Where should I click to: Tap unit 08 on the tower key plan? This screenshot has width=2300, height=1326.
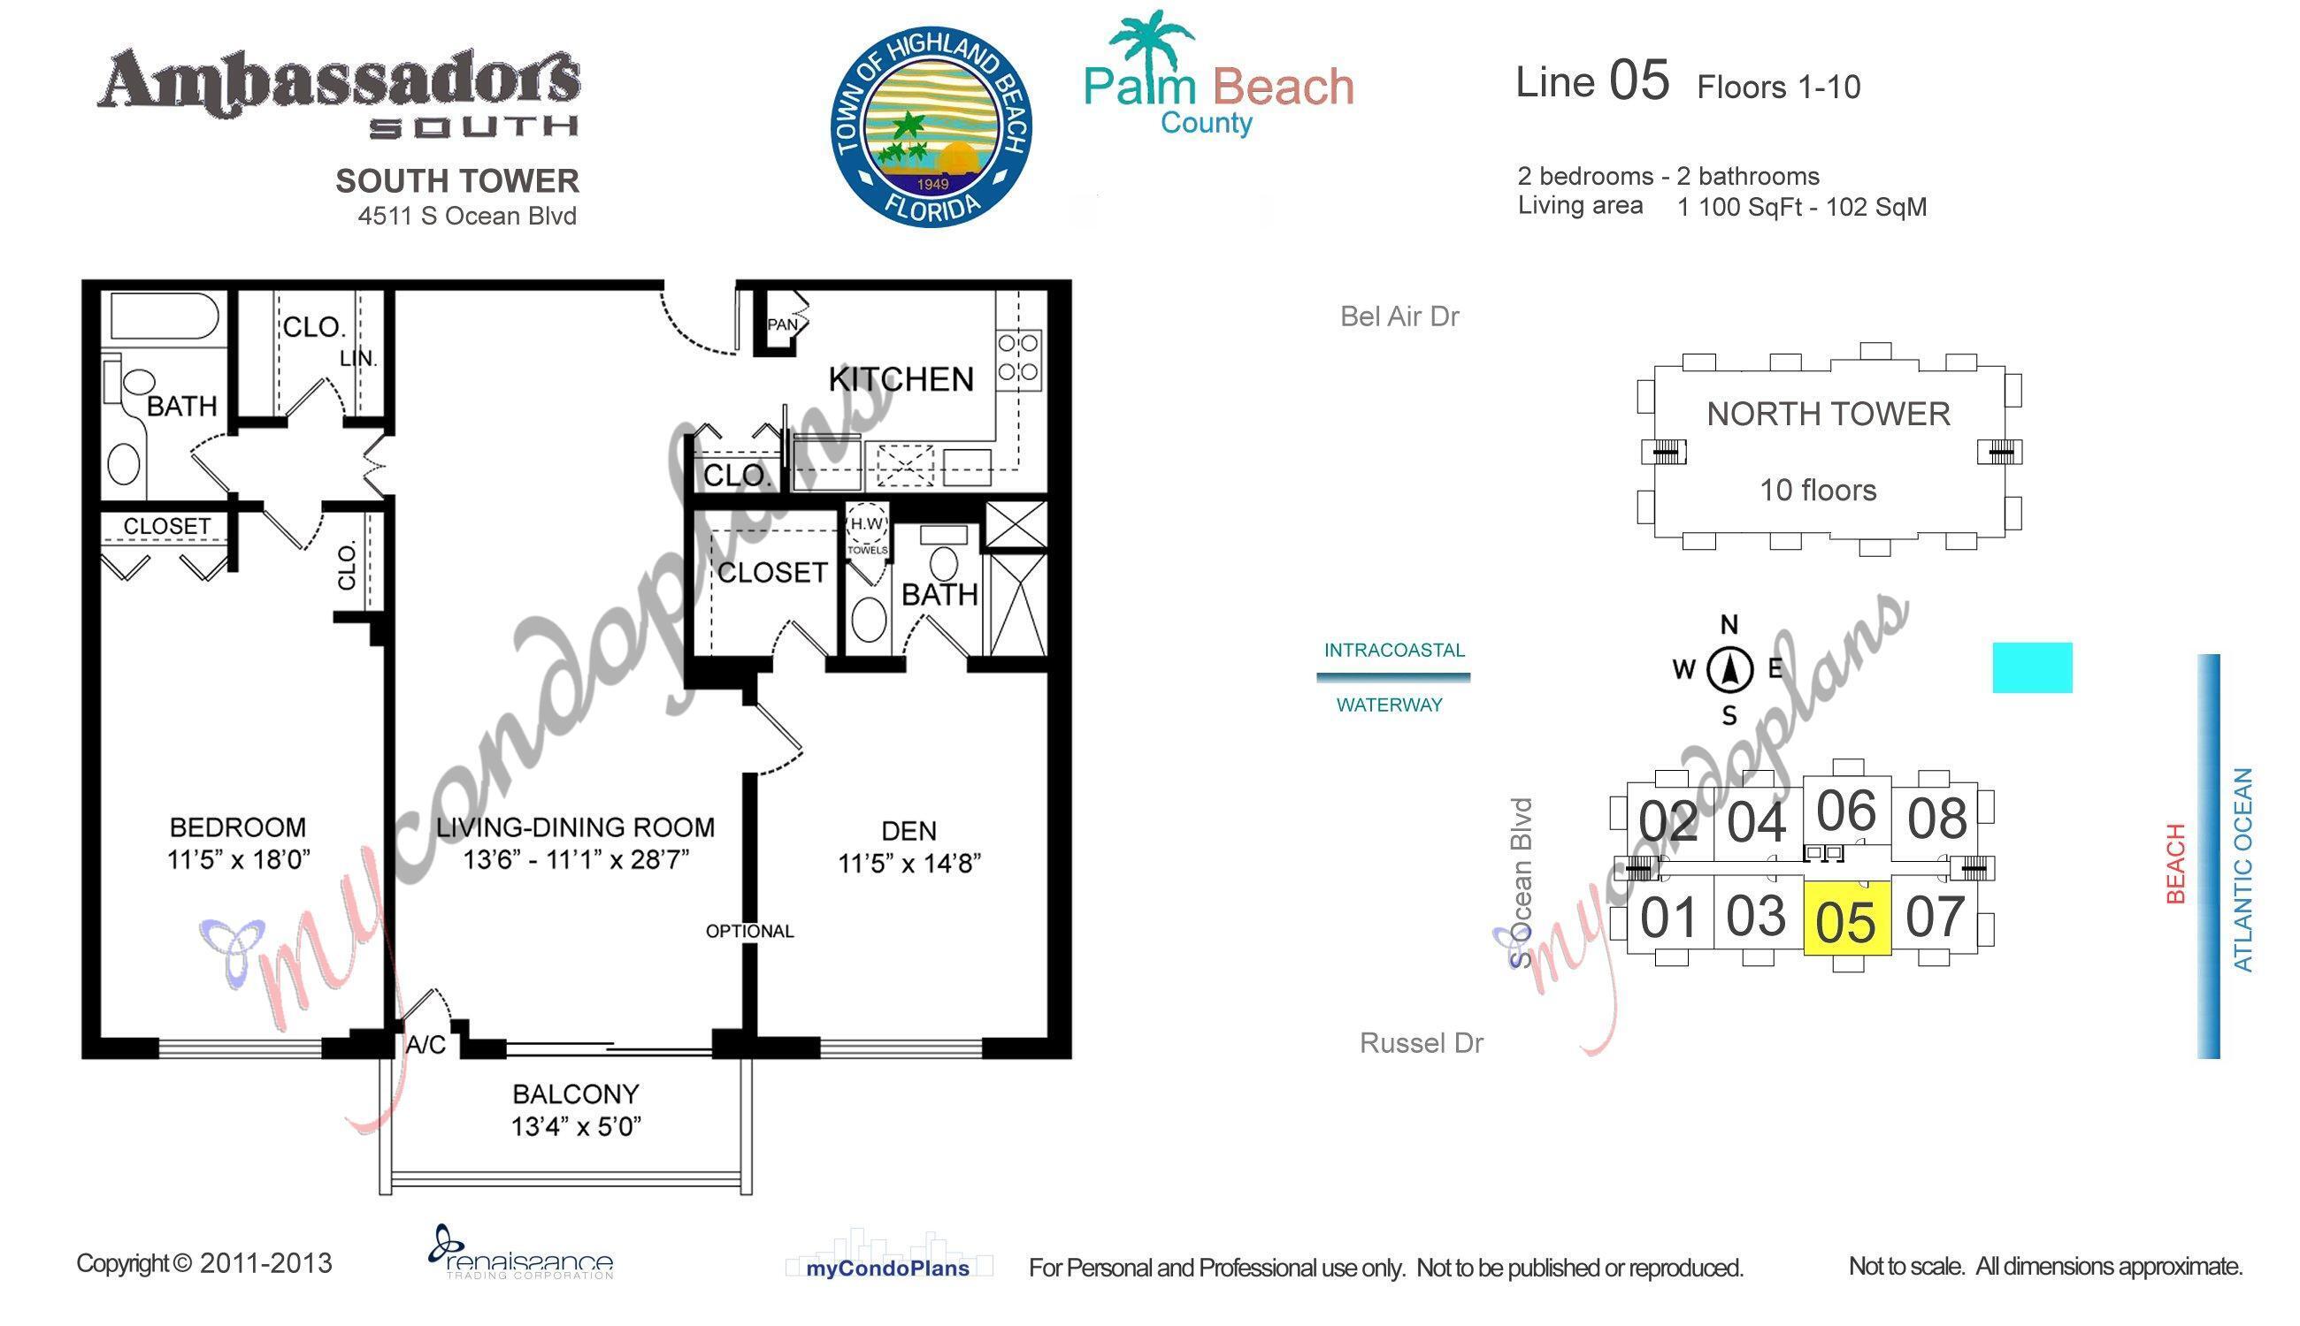(x=1936, y=819)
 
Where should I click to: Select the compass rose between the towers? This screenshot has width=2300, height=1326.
(x=1729, y=670)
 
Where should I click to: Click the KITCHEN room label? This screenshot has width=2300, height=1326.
(x=901, y=379)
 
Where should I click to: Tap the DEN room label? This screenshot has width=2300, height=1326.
(x=908, y=830)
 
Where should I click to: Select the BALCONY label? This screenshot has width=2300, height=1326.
(x=575, y=1093)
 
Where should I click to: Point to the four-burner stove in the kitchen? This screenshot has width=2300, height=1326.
(x=1018, y=357)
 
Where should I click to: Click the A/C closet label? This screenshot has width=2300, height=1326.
(x=425, y=1045)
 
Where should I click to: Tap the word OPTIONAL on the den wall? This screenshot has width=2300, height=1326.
(x=749, y=931)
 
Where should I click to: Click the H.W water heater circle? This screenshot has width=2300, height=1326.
(x=866, y=523)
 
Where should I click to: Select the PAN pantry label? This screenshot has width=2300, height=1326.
(x=781, y=324)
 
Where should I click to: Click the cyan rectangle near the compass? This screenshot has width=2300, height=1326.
(x=2031, y=667)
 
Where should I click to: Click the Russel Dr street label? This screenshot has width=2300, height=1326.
(x=1421, y=1043)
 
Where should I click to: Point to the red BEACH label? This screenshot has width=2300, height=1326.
(x=2175, y=863)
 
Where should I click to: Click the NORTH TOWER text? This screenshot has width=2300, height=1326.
(x=1827, y=414)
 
